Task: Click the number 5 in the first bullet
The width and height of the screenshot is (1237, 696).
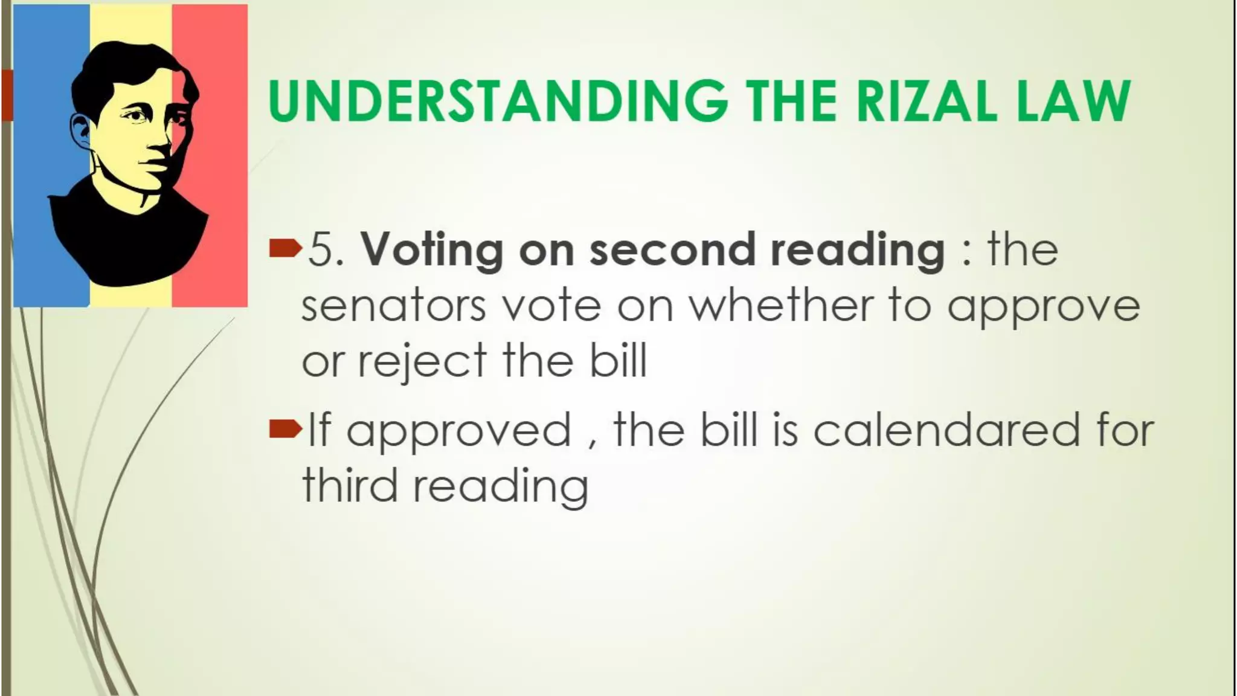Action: pos(321,250)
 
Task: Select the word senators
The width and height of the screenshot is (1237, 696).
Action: pos(393,306)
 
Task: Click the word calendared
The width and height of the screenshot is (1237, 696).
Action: pos(946,430)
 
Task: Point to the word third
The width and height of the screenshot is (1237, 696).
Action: pos(350,485)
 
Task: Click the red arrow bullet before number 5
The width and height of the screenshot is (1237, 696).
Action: pos(284,248)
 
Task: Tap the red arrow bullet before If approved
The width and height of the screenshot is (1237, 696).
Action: pos(284,430)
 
